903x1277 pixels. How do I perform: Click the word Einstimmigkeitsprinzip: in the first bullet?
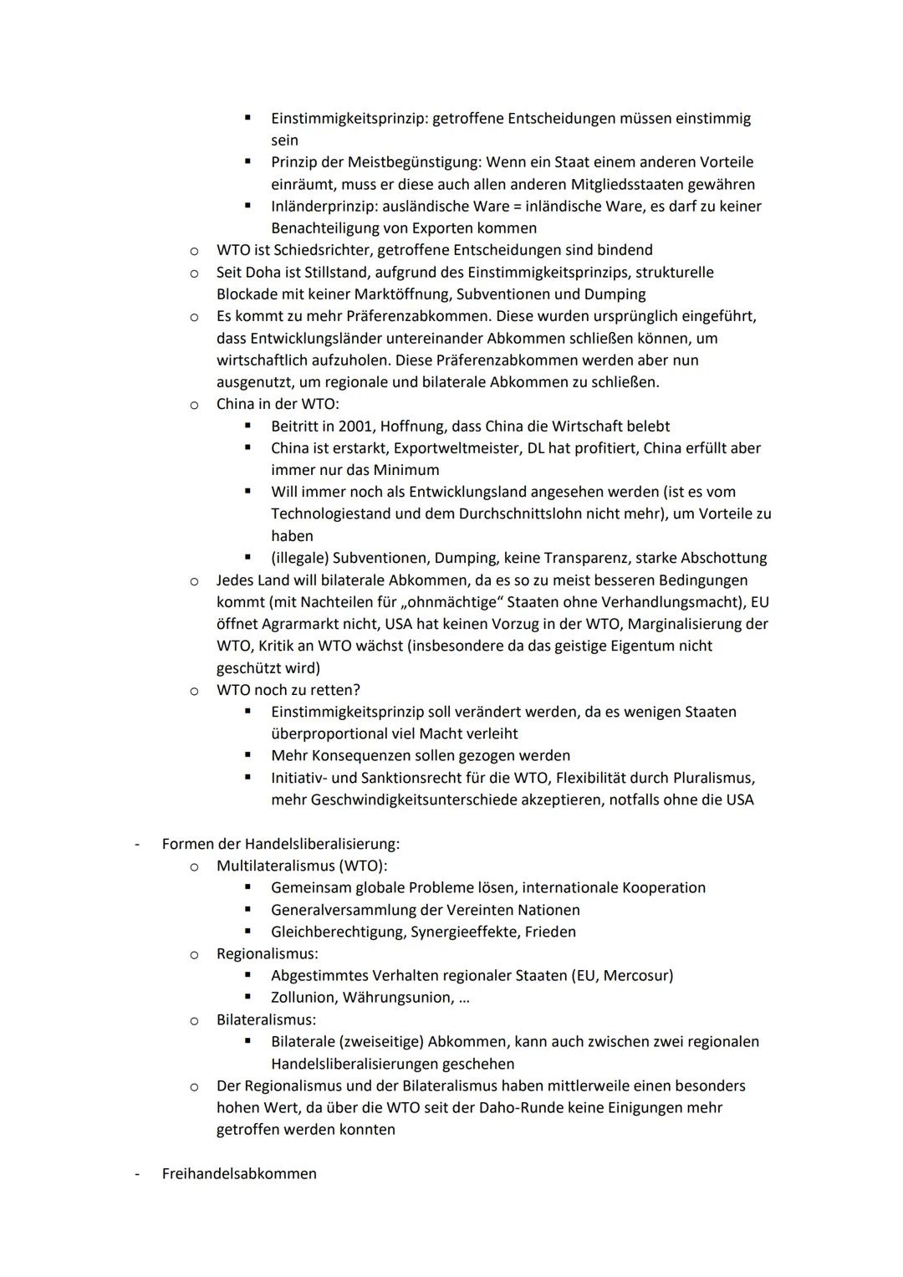349,119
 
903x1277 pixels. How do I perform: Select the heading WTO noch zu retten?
288,690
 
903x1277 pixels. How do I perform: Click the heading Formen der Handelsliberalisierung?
281,844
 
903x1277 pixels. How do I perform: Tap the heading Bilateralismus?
266,1020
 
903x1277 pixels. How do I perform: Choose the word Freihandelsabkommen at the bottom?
239,1174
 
